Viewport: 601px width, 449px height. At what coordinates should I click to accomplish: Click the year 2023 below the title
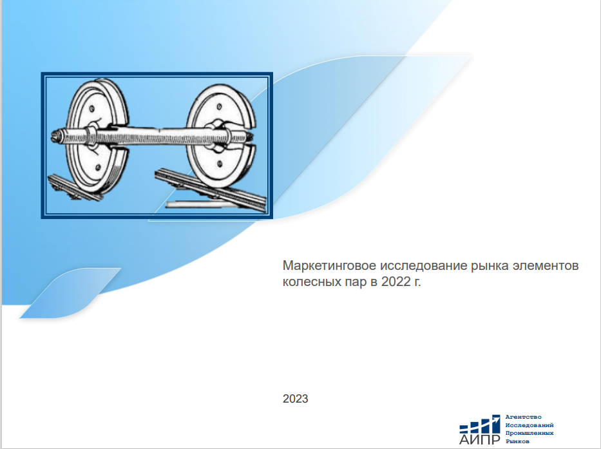click(x=295, y=399)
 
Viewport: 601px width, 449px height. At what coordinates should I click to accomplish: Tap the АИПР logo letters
click(x=479, y=439)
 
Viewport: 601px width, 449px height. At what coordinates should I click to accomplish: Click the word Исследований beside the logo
click(x=529, y=425)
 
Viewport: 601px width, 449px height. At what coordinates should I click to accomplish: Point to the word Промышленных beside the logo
click(x=529, y=434)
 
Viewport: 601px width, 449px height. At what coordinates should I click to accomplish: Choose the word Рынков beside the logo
click(x=518, y=442)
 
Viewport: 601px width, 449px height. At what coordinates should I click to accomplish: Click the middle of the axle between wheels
click(x=158, y=135)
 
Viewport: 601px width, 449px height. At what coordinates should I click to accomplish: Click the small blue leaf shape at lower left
click(x=68, y=294)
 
